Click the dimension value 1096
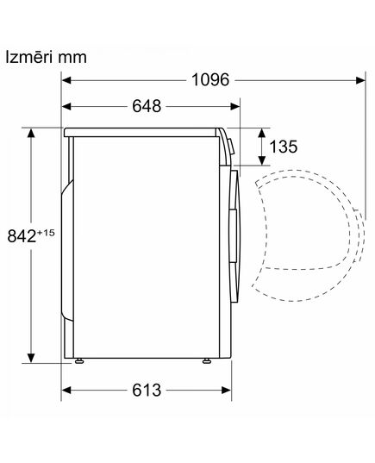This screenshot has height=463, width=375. pyautogui.click(x=209, y=80)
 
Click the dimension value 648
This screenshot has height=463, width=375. pyautogui.click(x=147, y=107)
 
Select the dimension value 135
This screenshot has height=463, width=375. pyautogui.click(x=284, y=147)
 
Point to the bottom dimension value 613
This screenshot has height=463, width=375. pyautogui.click(x=147, y=390)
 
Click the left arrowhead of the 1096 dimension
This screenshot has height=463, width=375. pyautogui.click(x=67, y=80)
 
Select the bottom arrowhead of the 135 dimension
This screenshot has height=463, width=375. pyautogui.click(x=262, y=161)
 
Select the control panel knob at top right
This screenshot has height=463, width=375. pyautogui.click(x=232, y=147)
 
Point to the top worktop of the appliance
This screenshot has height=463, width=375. pyautogui.click(x=142, y=130)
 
